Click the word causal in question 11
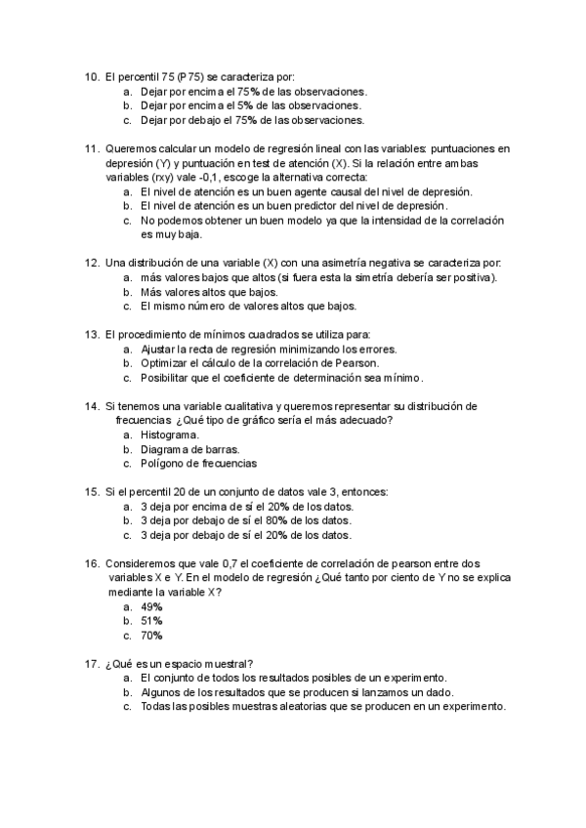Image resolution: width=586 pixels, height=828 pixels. (347, 192)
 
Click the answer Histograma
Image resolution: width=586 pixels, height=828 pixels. (170, 435)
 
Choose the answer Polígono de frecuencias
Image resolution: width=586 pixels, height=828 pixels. (198, 464)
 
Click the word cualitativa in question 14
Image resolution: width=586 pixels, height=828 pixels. (243, 406)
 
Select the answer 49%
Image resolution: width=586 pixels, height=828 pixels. (151, 606)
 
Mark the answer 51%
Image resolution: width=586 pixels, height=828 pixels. (151, 621)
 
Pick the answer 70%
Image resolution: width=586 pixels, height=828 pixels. (151, 636)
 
